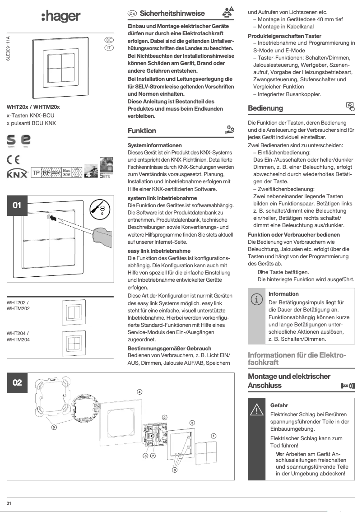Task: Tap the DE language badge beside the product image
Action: click(109, 40)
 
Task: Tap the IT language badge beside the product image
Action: click(109, 48)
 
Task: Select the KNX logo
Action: click(17, 173)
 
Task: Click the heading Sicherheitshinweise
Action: click(172, 14)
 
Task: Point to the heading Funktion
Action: click(142, 131)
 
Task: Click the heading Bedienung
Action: click(265, 108)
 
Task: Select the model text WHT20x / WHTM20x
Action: click(33, 107)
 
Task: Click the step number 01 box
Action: click(17, 205)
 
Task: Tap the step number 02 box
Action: click(17, 383)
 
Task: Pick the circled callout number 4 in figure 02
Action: click(139, 391)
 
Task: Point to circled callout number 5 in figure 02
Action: click(54, 426)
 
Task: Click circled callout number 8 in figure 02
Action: click(175, 470)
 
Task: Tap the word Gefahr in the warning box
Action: click(279, 405)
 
